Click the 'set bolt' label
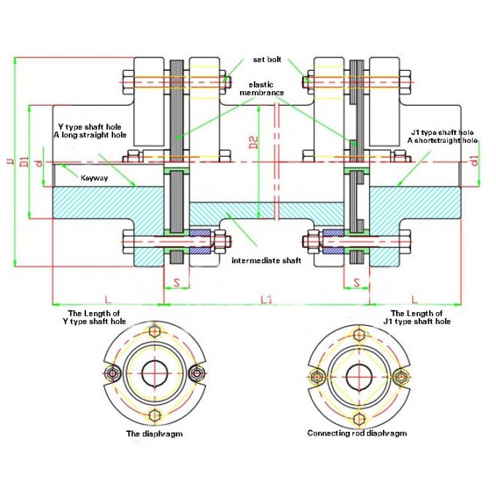[268, 59]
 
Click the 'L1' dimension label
[267, 299]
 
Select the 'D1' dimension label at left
[24, 160]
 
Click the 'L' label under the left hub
[107, 299]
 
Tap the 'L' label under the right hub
[414, 299]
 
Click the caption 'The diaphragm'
[154, 433]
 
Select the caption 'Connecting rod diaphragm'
[357, 433]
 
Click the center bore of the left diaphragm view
[154, 374]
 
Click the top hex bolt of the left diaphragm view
[154, 332]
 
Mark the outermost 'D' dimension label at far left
[9, 160]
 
